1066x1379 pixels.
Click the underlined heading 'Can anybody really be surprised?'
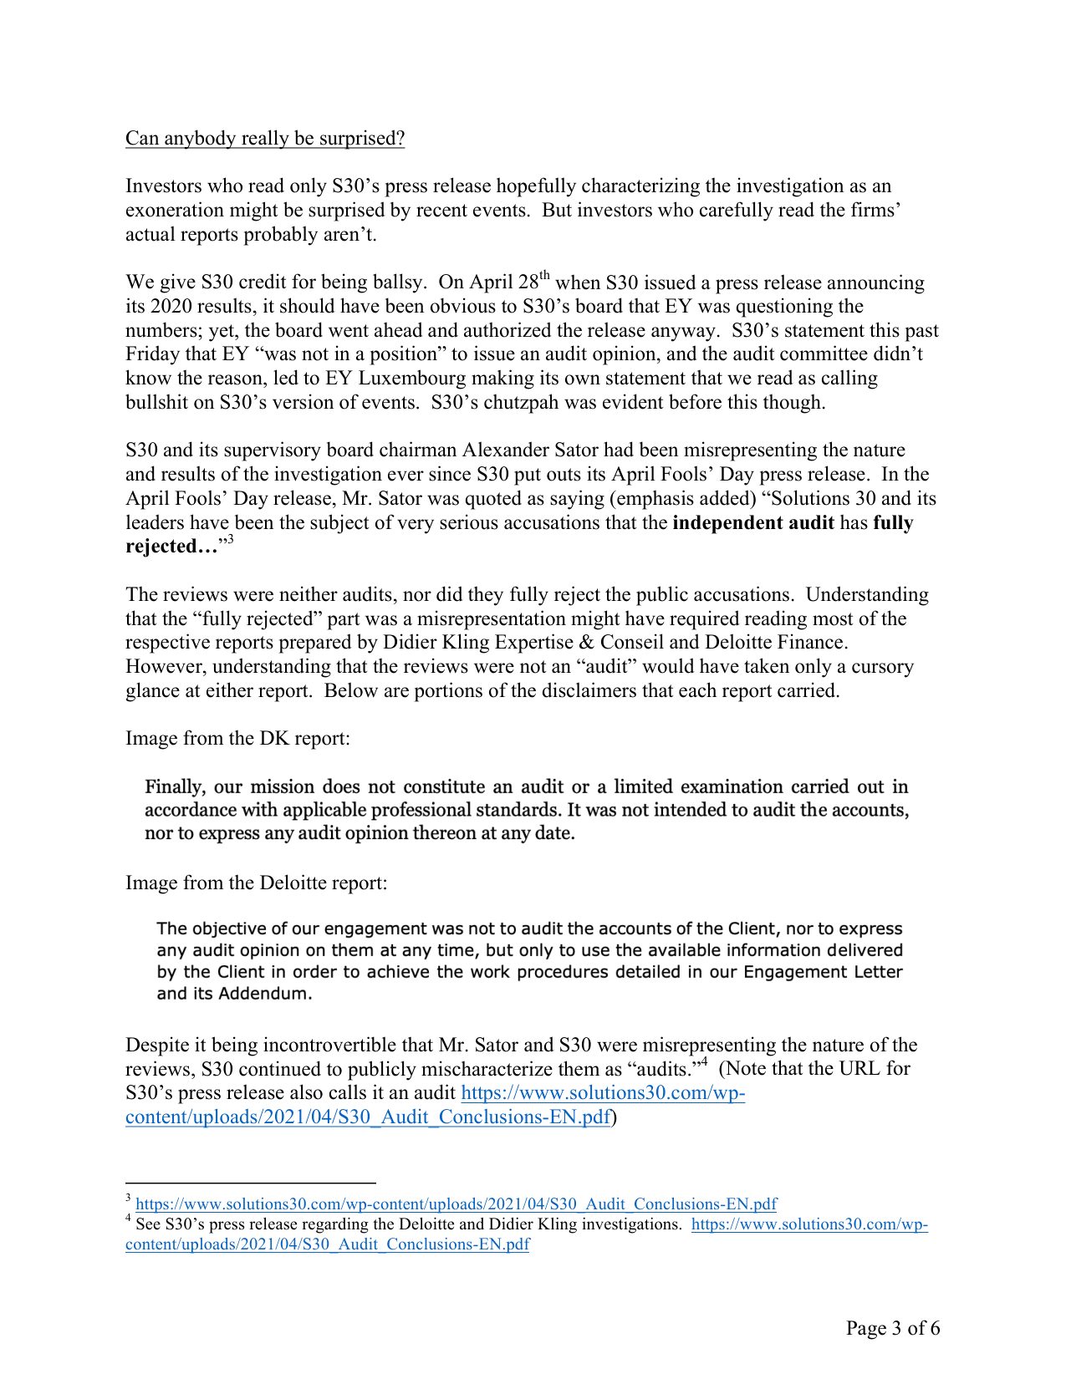click(x=265, y=138)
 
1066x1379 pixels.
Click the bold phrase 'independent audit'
click(x=752, y=522)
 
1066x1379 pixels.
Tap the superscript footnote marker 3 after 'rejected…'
click(x=230, y=540)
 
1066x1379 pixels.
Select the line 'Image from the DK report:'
click(x=237, y=738)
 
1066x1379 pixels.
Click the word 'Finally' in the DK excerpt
click(x=175, y=786)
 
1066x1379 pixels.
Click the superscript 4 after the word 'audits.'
click(x=706, y=1062)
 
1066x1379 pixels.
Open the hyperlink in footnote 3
click(x=456, y=1204)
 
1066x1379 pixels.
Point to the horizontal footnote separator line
click(x=250, y=1183)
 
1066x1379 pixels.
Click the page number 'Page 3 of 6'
click(x=892, y=1328)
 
